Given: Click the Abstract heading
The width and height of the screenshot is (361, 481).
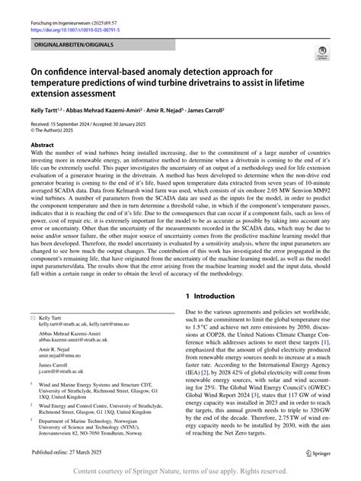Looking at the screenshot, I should coord(42,144).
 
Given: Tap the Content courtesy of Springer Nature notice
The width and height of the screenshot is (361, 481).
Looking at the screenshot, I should coord(180,472).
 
